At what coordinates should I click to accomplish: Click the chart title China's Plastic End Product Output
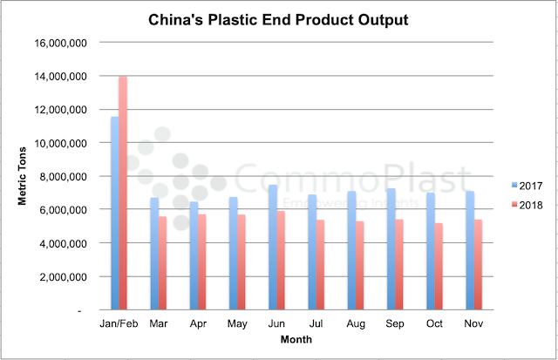280,18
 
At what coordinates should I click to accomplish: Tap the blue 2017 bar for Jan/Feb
114,214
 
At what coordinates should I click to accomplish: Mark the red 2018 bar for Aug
358,266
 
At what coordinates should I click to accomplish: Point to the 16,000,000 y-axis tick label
58,43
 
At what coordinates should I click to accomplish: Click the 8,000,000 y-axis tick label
61,177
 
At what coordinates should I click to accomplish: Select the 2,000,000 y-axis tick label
61,277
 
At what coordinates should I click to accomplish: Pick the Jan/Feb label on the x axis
119,323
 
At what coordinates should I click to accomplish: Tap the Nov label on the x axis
473,323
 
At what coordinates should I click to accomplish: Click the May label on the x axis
236,323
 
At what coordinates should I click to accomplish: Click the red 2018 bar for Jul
319,265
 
